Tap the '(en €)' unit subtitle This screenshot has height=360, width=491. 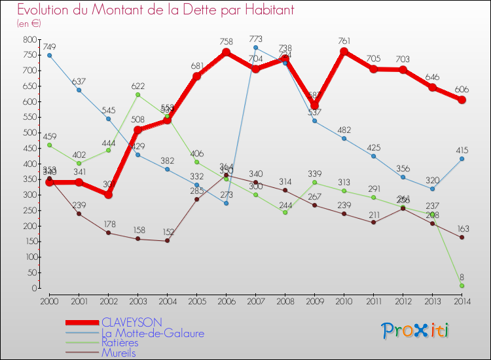[29, 24]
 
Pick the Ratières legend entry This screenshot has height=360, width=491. [120, 342]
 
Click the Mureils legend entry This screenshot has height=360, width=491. [118, 352]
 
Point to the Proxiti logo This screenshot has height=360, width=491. [415, 331]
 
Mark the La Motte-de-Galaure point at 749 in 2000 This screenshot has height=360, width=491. [49, 56]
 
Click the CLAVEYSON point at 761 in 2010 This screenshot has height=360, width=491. [344, 52]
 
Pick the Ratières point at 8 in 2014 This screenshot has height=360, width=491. [462, 285]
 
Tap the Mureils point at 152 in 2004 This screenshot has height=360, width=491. [167, 241]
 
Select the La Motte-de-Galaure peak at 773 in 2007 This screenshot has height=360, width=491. [255, 48]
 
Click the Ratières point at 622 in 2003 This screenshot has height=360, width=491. [137, 95]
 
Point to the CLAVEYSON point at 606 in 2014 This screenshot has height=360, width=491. [462, 100]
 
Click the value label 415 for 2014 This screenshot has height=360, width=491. [462, 151]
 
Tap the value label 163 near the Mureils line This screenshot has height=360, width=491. [462, 229]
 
